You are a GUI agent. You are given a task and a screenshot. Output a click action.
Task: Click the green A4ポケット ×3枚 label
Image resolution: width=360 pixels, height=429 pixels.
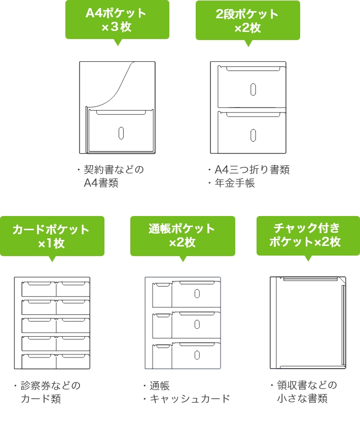(x=117, y=20)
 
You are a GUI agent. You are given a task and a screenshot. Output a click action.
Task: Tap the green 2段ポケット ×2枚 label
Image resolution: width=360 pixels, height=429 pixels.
(x=247, y=20)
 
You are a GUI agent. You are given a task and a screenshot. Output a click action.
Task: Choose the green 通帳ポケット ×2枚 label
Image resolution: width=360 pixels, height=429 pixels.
(x=183, y=236)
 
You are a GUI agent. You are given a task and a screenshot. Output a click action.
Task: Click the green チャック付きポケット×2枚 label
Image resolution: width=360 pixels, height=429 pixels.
(x=308, y=235)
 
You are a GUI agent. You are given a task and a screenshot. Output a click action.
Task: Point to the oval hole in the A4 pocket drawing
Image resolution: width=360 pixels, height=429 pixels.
(x=121, y=133)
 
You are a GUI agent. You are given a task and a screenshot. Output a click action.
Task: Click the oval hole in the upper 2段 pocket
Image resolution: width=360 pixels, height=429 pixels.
(x=253, y=90)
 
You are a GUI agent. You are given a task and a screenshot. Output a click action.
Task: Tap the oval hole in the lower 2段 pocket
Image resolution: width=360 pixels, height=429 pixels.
(x=253, y=135)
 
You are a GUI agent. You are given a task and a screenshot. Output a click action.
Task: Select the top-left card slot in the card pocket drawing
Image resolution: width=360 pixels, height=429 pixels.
(x=39, y=289)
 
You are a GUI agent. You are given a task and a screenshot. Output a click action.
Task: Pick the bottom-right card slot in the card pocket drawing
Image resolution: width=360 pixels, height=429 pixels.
(x=73, y=362)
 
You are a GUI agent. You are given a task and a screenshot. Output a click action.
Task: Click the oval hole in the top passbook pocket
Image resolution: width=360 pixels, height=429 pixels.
(x=197, y=294)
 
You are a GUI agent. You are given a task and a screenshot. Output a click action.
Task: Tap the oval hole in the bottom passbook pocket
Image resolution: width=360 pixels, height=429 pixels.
(x=197, y=355)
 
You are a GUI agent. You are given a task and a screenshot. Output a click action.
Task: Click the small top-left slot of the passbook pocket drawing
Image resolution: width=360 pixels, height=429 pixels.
(x=162, y=295)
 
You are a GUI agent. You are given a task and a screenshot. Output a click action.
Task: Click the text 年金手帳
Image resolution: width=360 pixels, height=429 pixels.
(x=235, y=183)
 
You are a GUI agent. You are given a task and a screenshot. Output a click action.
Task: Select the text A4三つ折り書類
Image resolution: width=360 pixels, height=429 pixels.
(x=252, y=170)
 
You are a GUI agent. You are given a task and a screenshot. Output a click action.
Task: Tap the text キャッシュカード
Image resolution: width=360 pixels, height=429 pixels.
(x=190, y=399)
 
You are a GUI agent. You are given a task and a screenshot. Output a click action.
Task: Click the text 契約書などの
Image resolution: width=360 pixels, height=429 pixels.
(x=114, y=169)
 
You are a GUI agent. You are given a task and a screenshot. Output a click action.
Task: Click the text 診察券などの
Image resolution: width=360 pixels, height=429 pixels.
(x=50, y=385)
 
